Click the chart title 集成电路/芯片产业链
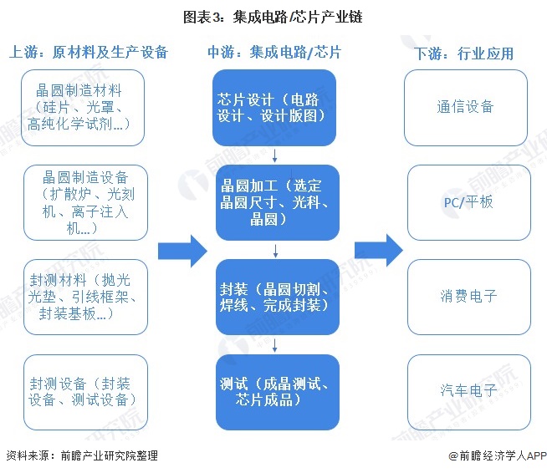point(273,17)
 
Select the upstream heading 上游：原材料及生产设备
point(89,53)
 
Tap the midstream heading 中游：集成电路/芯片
point(273,53)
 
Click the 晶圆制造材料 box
point(84,107)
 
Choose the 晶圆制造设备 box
point(84,201)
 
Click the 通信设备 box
point(466,107)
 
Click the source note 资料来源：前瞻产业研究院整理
point(81,456)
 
